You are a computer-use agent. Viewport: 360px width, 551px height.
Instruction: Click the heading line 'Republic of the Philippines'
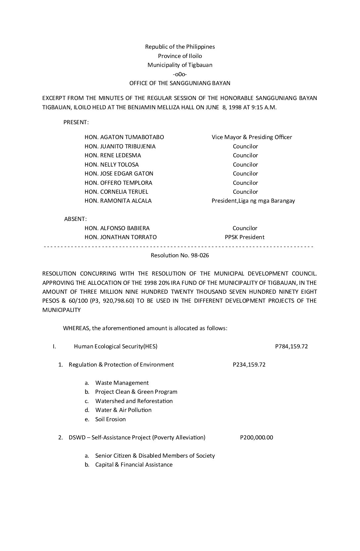click(x=180, y=47)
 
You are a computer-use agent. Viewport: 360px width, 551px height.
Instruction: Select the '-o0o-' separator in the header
click(x=180, y=74)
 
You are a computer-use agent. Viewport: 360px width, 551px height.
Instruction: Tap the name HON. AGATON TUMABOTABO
click(x=124, y=137)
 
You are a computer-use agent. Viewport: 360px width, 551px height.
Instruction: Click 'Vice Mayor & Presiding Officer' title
click(x=252, y=137)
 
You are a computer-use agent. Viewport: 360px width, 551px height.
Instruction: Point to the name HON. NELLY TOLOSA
click(x=112, y=165)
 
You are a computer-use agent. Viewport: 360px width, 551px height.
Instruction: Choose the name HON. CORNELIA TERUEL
click(x=116, y=192)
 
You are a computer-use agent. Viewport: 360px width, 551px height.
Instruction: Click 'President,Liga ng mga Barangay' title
click(x=253, y=201)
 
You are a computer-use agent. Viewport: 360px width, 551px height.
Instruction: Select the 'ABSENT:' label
click(x=75, y=219)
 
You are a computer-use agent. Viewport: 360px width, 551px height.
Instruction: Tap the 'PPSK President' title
click(x=245, y=237)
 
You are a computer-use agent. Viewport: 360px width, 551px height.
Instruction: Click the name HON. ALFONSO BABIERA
click(x=117, y=228)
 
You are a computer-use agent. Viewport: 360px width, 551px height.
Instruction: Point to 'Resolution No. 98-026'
click(x=180, y=255)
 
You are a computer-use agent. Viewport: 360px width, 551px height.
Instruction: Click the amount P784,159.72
click(x=292, y=346)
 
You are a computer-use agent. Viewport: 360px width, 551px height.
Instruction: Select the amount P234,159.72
click(x=249, y=365)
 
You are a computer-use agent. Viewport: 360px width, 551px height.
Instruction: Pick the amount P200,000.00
click(x=256, y=437)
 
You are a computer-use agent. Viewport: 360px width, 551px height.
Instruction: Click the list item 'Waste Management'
click(x=122, y=383)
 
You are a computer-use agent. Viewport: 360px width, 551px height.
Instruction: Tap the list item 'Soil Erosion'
click(x=110, y=419)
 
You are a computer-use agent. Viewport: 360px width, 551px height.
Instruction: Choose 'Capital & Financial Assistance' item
click(x=134, y=465)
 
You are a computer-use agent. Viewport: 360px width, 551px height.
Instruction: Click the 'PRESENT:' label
click(x=76, y=122)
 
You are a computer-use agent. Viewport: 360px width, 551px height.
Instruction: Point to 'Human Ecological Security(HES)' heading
click(x=115, y=346)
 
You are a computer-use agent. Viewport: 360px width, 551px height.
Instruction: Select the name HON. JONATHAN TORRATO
click(x=120, y=237)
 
